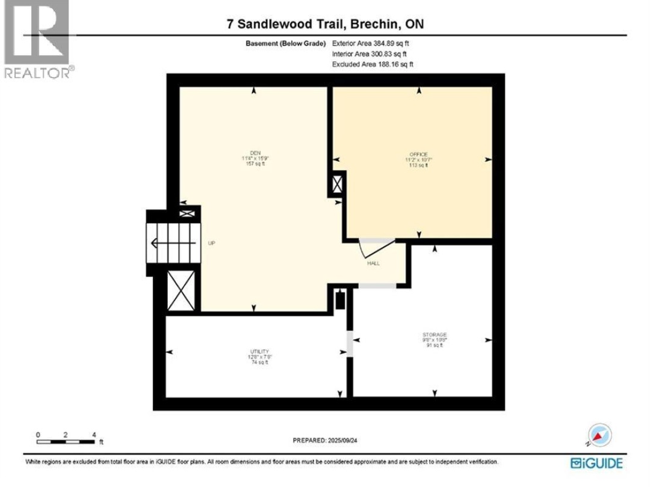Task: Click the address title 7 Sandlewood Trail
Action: click(325, 24)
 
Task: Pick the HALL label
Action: click(373, 263)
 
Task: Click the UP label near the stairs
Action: click(211, 243)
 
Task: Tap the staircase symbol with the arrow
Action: click(173, 243)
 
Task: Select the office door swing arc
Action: click(374, 247)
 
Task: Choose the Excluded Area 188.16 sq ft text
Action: click(373, 64)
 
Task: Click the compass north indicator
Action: click(599, 435)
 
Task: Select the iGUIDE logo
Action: click(596, 462)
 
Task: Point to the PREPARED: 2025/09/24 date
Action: click(325, 440)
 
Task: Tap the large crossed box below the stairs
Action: click(181, 291)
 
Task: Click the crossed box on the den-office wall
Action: click(336, 184)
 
